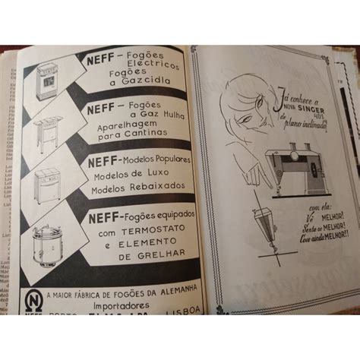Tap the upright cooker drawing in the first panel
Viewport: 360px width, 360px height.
[48, 80]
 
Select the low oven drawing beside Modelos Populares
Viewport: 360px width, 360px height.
[50, 183]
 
